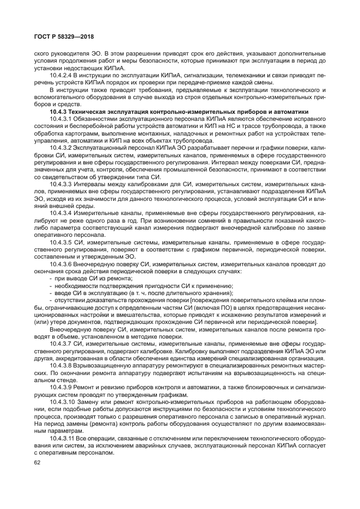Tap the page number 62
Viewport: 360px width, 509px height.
tap(38, 463)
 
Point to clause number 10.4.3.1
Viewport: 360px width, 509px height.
tap(60, 119)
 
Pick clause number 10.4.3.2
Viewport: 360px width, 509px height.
tap(60, 148)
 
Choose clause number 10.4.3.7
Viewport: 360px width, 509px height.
tap(60, 344)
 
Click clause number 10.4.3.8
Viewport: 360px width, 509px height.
tap(60, 366)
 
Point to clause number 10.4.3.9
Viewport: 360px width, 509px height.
tap(60, 387)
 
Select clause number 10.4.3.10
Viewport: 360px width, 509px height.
tap(62, 401)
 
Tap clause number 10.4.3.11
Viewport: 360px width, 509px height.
tap(62, 438)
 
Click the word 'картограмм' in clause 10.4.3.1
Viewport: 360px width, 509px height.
tap(81, 133)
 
